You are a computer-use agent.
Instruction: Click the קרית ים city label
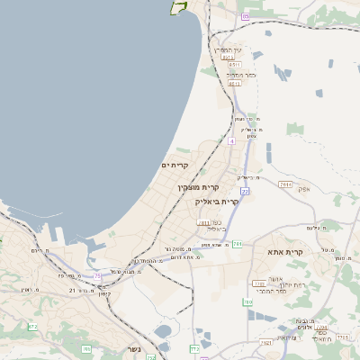tap(175, 165)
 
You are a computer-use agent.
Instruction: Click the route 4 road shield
tap(231, 141)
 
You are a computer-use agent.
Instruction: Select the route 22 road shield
tap(245, 191)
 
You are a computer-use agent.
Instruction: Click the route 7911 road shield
tap(285, 184)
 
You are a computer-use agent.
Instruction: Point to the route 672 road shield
tap(33, 326)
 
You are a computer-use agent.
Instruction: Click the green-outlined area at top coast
tap(178, 7)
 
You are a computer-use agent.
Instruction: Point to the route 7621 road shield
tap(265, 342)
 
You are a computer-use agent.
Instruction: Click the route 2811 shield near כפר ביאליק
tap(203, 221)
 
